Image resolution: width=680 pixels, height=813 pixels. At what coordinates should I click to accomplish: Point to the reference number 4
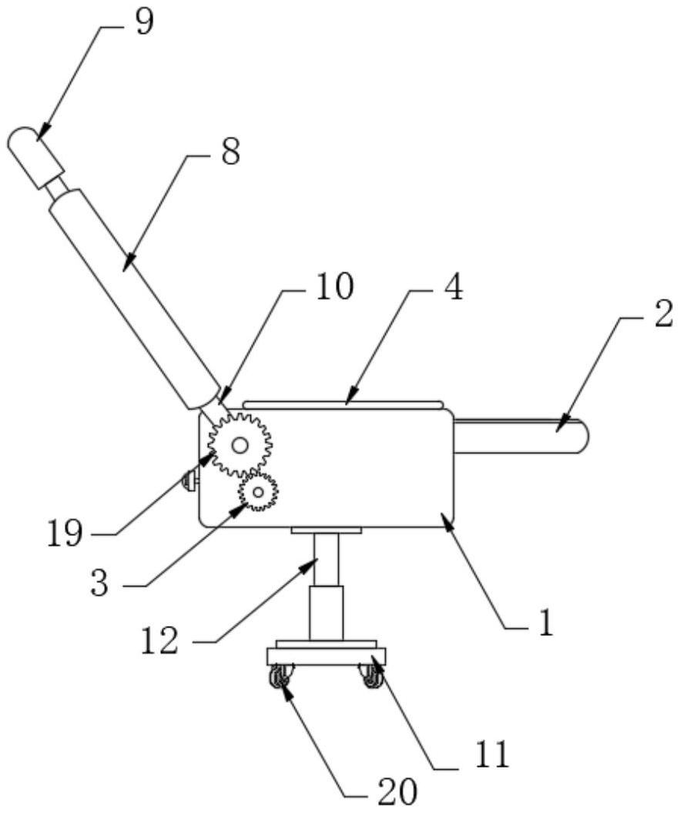453,291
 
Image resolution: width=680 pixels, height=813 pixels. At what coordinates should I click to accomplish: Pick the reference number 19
64,533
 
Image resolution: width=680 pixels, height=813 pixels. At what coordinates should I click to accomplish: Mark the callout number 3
99,583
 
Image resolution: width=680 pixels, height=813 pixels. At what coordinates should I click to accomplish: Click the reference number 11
490,755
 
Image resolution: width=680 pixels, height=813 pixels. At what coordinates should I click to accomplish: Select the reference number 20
398,790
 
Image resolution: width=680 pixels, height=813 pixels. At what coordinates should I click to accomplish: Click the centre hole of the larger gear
240,444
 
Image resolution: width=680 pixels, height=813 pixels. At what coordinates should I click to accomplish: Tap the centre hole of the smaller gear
257,490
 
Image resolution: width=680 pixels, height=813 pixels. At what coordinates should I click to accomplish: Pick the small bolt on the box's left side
188,483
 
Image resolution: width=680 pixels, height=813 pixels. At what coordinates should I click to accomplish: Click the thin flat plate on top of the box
343,404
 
